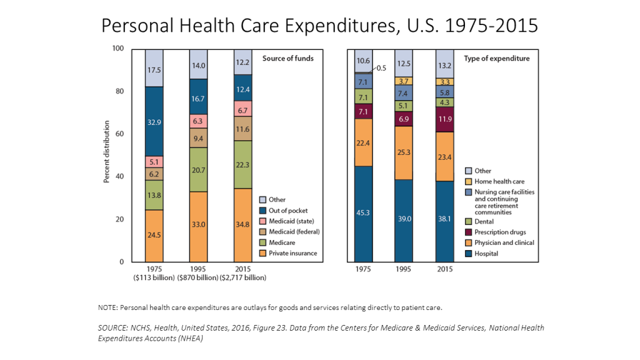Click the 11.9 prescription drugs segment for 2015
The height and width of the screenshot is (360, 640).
[444, 119]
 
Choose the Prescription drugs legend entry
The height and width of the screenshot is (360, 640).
[500, 232]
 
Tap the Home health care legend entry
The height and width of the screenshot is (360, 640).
[499, 181]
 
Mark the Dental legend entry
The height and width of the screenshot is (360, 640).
[484, 221]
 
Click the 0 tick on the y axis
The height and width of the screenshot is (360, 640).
[121, 262]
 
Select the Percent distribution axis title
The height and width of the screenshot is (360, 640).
[106, 155]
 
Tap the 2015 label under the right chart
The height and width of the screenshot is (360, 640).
[444, 270]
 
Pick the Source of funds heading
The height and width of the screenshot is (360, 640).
[287, 58]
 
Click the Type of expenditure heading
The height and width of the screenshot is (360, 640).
[496, 58]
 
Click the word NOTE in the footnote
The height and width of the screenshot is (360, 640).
[108, 307]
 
